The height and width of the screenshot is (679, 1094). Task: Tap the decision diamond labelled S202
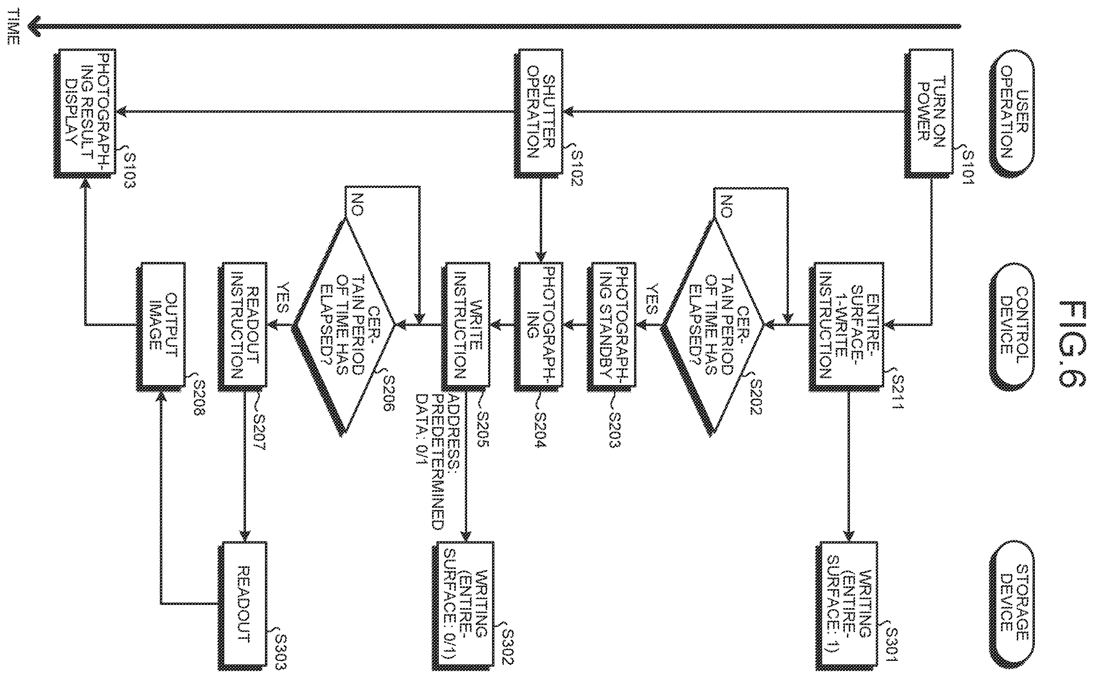[x=712, y=326]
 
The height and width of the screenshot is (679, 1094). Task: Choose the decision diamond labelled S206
[x=344, y=326]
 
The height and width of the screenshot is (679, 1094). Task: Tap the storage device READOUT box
[x=242, y=606]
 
